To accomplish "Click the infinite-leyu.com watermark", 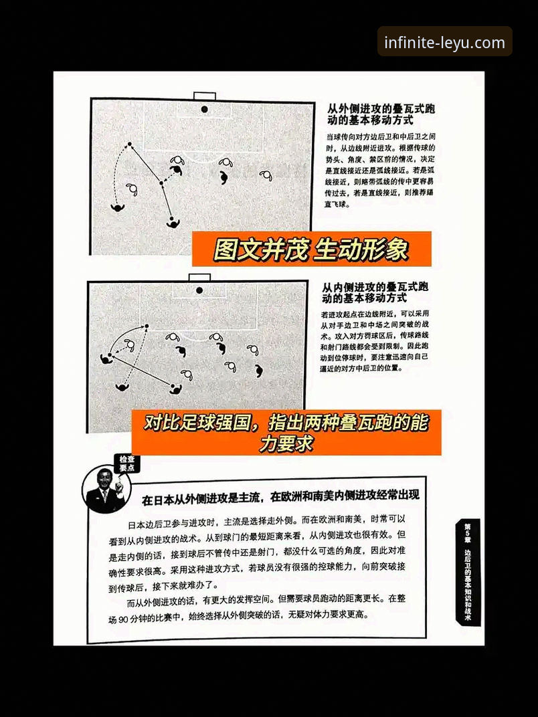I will click(444, 43).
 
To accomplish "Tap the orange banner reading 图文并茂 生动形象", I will click(311, 249).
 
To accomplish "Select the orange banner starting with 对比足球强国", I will click(286, 432).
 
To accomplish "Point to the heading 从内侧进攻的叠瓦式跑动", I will click(375, 292).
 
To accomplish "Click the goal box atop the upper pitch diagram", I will click(204, 96).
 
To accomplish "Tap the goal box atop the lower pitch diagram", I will click(199, 277).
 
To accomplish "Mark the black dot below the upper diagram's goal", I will click(204, 109).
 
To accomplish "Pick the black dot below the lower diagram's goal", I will click(199, 291).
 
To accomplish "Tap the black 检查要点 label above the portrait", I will click(127, 464).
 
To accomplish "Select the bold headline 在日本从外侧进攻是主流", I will click(280, 496).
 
